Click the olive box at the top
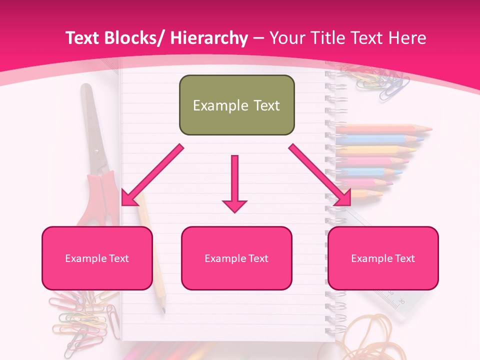tap(236, 105)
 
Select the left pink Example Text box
tap(97, 258)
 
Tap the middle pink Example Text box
tap(236, 258)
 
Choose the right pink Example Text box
tap(383, 258)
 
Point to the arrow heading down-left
tap(151, 175)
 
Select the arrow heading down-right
tap(320, 175)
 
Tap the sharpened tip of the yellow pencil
tap(163, 310)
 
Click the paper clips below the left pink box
tap(85, 320)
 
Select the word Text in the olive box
tap(265, 105)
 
